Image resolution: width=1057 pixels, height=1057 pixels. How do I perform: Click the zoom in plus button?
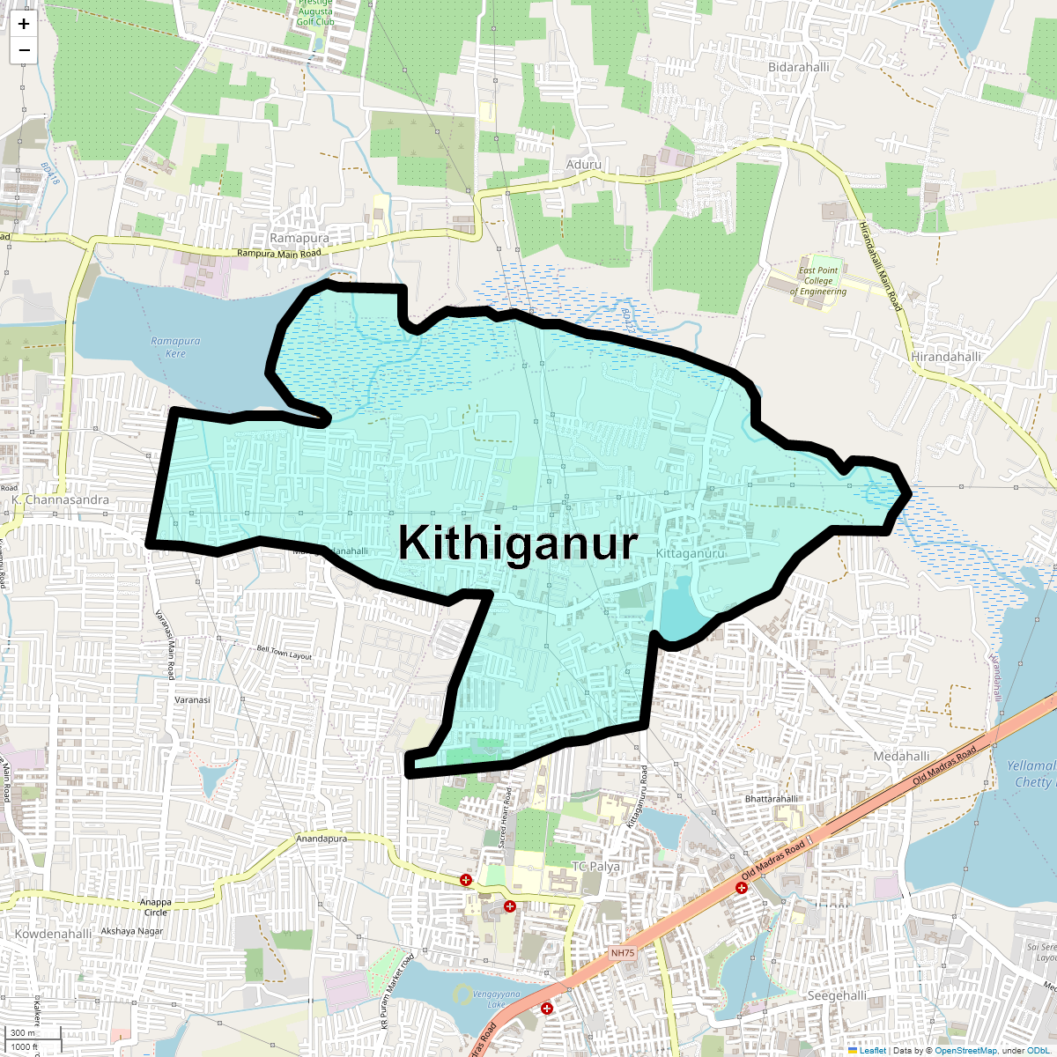pyautogui.click(x=24, y=24)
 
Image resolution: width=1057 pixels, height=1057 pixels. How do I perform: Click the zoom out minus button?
pyautogui.click(x=24, y=50)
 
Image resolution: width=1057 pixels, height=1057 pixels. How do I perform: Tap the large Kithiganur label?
pyautogui.click(x=517, y=543)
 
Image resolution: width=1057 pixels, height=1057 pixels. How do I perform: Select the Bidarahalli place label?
pyautogui.click(x=798, y=67)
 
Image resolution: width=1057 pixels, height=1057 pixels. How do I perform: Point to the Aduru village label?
pyautogui.click(x=584, y=165)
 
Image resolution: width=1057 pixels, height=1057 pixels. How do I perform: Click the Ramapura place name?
pyautogui.click(x=299, y=239)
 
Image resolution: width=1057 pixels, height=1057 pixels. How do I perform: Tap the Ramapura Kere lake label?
pyautogui.click(x=175, y=347)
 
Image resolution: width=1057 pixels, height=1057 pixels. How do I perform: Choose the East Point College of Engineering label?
pyautogui.click(x=818, y=281)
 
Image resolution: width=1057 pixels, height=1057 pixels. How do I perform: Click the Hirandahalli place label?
pyautogui.click(x=946, y=357)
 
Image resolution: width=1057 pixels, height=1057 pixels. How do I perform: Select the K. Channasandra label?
pyautogui.click(x=61, y=499)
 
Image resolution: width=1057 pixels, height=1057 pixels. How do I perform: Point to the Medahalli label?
pyautogui.click(x=901, y=756)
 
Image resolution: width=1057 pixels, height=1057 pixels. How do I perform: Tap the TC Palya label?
pyautogui.click(x=596, y=866)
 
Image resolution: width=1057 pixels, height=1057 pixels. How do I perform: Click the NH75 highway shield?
pyautogui.click(x=623, y=953)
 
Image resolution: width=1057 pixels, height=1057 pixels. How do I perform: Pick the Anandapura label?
pyautogui.click(x=322, y=839)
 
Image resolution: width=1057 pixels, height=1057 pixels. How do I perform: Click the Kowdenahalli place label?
pyautogui.click(x=53, y=934)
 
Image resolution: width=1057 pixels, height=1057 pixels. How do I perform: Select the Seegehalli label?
pyautogui.click(x=837, y=995)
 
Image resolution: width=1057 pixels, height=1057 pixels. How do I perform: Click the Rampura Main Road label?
pyautogui.click(x=279, y=254)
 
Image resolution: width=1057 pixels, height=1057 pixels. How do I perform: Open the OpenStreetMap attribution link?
pyautogui.click(x=965, y=1050)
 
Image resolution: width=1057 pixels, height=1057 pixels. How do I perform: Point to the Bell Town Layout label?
pyautogui.click(x=285, y=654)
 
